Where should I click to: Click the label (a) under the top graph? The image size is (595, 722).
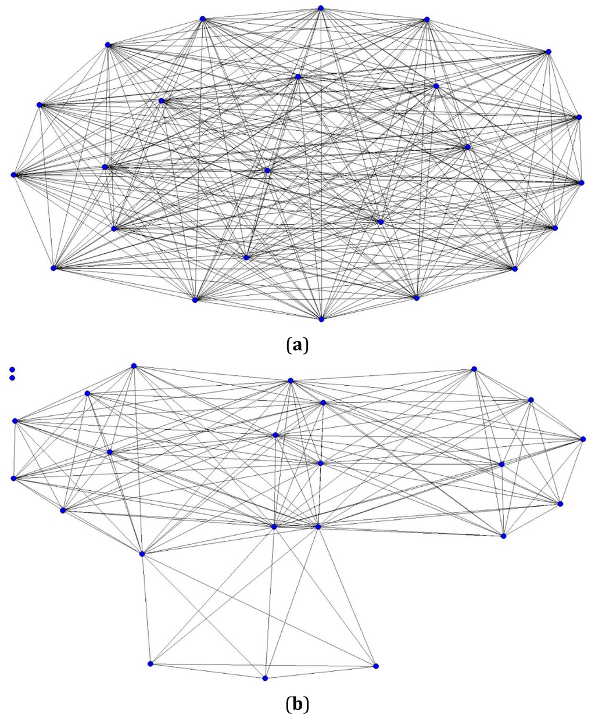click(297, 346)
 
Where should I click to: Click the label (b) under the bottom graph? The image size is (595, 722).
click(297, 705)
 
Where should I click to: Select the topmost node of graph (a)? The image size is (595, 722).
click(320, 8)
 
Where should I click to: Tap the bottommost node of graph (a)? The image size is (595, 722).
click(321, 319)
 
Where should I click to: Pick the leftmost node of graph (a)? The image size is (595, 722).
click(13, 174)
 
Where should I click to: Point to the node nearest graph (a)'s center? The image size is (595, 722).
click(267, 170)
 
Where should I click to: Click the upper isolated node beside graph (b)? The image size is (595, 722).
click(12, 369)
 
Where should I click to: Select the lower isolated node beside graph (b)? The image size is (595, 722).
click(12, 378)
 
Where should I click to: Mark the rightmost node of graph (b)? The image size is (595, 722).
click(583, 439)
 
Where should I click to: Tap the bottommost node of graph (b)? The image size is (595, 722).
click(265, 678)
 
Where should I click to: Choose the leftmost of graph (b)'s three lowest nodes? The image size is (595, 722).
click(150, 663)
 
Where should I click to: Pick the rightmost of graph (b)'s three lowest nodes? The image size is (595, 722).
click(375, 666)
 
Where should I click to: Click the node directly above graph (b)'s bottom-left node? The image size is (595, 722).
click(142, 554)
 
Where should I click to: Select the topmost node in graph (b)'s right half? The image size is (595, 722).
click(474, 369)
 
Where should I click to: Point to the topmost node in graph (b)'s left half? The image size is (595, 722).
click(134, 365)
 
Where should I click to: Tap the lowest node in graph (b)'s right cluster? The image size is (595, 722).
click(503, 536)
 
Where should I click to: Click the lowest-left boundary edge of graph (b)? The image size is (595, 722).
click(207, 671)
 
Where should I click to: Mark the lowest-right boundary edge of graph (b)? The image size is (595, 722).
click(320, 672)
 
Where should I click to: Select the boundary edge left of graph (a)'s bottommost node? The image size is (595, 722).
click(258, 310)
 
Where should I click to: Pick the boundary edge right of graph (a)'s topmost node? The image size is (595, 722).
click(373, 14)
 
